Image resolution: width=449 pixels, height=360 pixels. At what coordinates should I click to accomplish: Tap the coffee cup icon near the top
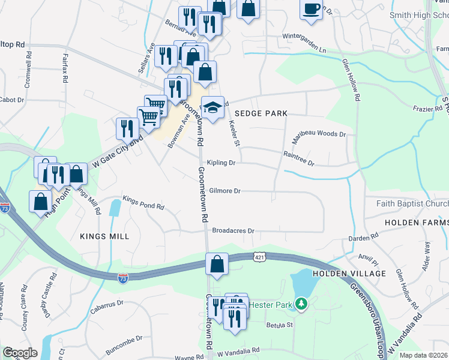(x=311, y=10)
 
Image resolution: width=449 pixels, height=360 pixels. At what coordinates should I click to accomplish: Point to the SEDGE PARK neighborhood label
(x=261, y=113)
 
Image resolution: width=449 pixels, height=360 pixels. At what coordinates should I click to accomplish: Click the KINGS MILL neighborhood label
(x=104, y=236)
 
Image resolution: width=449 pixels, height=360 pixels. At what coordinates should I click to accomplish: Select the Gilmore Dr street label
(x=225, y=191)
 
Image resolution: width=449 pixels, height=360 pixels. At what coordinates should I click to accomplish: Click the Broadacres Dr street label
(x=234, y=230)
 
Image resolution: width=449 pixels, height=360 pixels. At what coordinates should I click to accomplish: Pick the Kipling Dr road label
(x=220, y=163)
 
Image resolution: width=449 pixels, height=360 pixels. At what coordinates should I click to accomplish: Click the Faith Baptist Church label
(x=412, y=203)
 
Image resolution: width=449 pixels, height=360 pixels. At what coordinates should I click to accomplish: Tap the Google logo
(x=19, y=353)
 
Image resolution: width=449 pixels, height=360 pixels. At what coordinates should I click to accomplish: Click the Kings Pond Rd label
(x=143, y=203)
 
